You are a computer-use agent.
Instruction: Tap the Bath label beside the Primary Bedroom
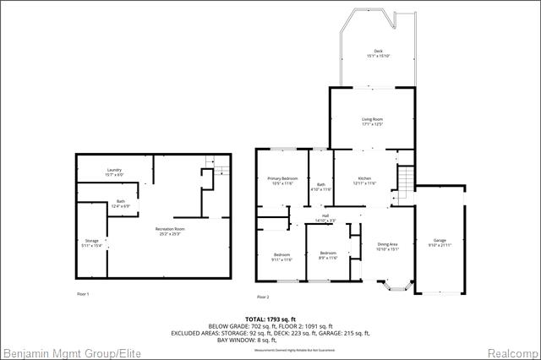(321, 187)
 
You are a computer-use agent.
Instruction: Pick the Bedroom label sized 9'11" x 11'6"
(282, 257)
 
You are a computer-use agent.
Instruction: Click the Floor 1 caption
(82, 293)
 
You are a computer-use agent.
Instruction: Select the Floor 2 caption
(263, 297)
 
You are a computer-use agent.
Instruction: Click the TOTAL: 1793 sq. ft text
(270, 319)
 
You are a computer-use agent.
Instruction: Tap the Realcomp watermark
(511, 352)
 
